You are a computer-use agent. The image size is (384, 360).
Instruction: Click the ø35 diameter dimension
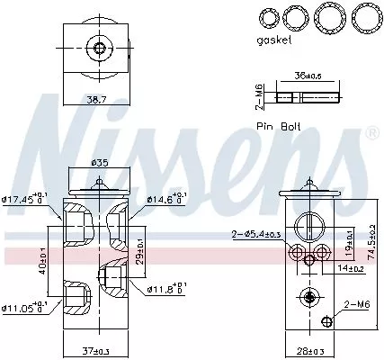(x=102, y=164)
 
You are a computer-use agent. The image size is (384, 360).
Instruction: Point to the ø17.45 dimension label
(x=26, y=199)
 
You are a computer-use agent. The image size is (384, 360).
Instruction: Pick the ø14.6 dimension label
(x=165, y=199)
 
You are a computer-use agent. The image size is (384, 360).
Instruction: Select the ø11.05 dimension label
(x=26, y=307)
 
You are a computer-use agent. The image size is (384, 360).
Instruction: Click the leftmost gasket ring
(x=265, y=16)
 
